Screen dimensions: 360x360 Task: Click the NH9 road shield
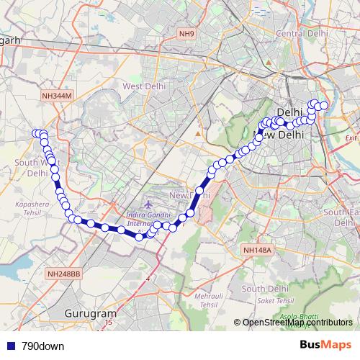click(x=187, y=34)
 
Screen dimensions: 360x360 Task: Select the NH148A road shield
click(x=257, y=250)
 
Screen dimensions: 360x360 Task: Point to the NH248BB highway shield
click(x=63, y=274)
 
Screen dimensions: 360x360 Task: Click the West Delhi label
click(x=144, y=86)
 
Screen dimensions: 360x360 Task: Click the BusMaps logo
click(x=325, y=346)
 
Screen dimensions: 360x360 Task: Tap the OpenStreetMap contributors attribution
click(x=297, y=323)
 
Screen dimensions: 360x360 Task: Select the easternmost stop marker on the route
click(x=324, y=106)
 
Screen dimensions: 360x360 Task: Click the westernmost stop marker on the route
click(x=35, y=133)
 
